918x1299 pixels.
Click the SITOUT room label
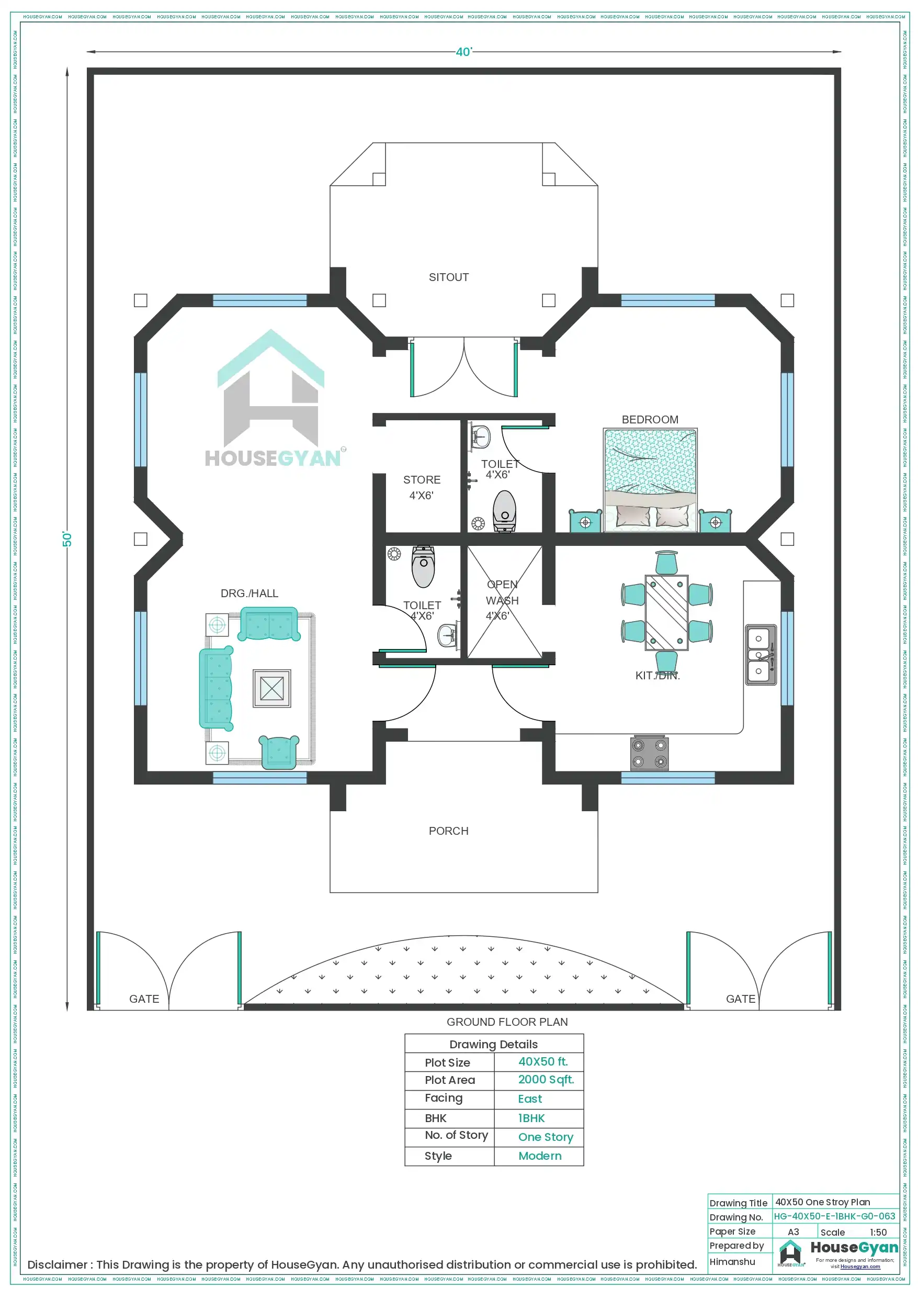(x=448, y=277)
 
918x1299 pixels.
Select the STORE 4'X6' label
(x=422, y=487)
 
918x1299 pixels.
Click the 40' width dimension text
(x=463, y=52)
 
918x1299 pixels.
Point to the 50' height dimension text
(x=67, y=539)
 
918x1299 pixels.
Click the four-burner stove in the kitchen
(x=649, y=753)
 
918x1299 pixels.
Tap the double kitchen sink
(x=760, y=655)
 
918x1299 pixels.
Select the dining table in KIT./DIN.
(x=666, y=613)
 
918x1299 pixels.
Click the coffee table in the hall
(x=271, y=689)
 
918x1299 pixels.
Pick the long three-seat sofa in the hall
(x=216, y=689)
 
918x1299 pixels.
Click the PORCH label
(x=448, y=831)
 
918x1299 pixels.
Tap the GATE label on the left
(x=144, y=999)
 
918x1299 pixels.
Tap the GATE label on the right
(x=740, y=999)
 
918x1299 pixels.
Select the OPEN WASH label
(x=502, y=600)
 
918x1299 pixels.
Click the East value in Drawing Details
(x=529, y=1099)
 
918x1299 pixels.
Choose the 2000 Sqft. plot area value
(x=546, y=1080)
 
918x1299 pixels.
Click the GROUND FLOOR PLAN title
(x=507, y=1022)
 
